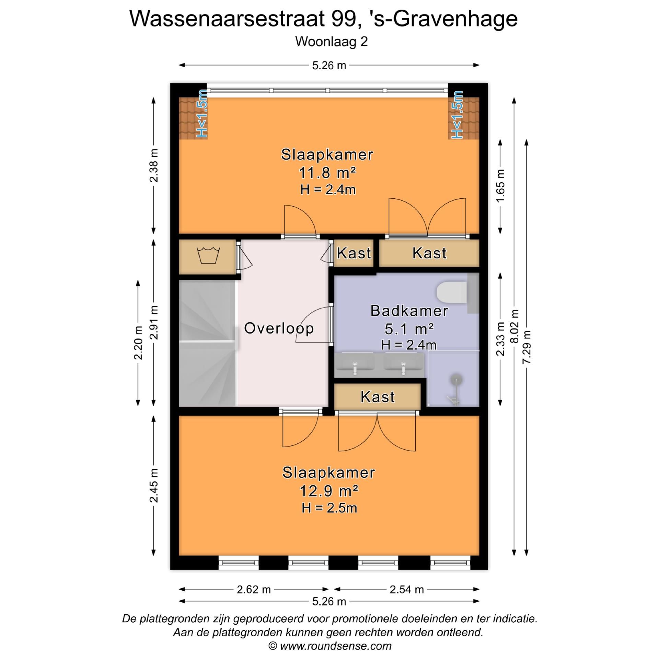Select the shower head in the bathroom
[457, 380]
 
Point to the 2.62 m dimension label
[254, 589]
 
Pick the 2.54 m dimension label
[406, 589]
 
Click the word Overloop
[279, 328]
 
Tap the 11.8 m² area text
[327, 173]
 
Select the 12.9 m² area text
[329, 491]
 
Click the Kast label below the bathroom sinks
[378, 397]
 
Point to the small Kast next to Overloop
[354, 253]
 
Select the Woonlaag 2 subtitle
[331, 42]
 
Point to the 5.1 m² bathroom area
[409, 329]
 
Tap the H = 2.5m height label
[329, 508]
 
